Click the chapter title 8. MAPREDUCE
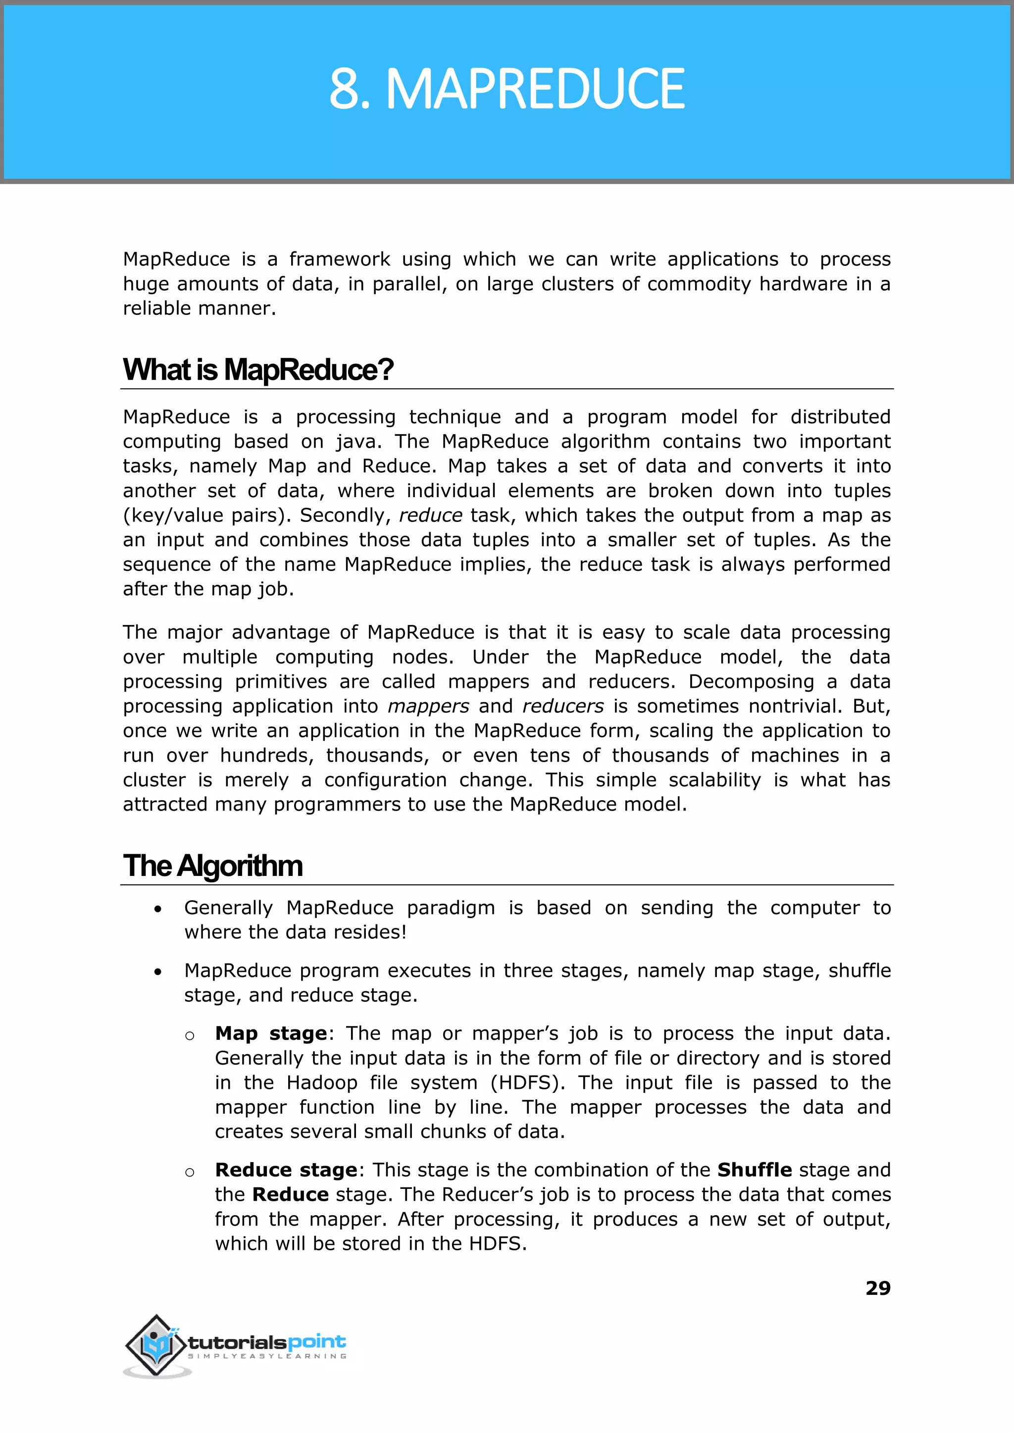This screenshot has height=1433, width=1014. (x=507, y=89)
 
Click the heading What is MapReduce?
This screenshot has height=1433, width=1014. (x=258, y=370)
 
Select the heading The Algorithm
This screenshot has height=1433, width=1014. (x=212, y=866)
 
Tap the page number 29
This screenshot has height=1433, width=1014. (x=877, y=1287)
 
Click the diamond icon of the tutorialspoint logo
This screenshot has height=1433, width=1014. (x=156, y=1344)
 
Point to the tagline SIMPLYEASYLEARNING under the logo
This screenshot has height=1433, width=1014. (x=267, y=1356)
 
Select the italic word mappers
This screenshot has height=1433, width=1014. (x=428, y=706)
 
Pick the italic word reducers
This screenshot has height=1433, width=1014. (x=562, y=706)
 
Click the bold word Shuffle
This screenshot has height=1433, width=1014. (x=754, y=1170)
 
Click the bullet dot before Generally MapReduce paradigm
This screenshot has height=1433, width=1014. (x=158, y=910)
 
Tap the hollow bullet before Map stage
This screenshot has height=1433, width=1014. (x=190, y=1036)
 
